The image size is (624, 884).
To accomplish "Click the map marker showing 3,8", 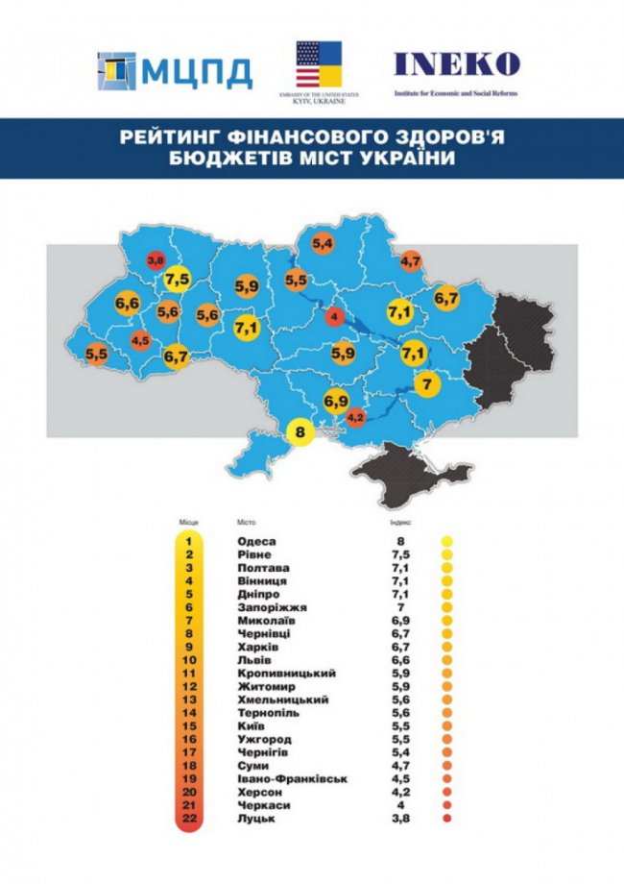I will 156,259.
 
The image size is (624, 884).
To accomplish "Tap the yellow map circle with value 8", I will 300,432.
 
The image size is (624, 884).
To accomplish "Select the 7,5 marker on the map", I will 178,280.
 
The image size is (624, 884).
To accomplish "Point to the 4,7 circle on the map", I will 411,260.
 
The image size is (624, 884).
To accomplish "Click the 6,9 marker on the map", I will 336,399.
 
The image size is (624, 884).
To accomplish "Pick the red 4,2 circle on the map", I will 355,417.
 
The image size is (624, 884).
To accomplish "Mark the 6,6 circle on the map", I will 128,305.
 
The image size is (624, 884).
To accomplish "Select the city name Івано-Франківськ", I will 285,777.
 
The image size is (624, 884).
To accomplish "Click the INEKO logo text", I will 456,64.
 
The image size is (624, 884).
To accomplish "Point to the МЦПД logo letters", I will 204,72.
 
